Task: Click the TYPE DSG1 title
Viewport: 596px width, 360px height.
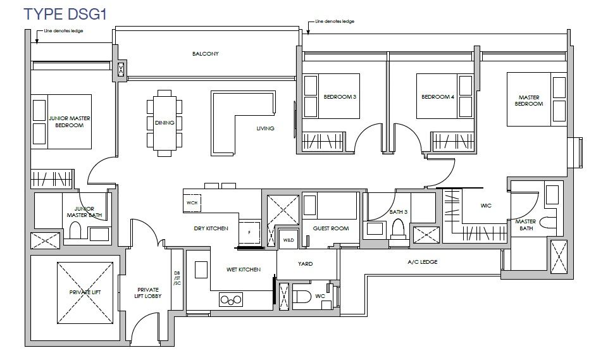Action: [x=65, y=14]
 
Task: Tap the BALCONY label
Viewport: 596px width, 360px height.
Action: [x=205, y=54]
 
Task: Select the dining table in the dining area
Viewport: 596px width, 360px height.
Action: [x=165, y=123]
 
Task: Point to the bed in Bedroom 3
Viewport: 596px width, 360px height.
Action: [x=338, y=96]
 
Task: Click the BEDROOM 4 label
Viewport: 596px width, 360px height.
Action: [x=437, y=97]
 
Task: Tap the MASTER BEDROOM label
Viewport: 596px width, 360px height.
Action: [x=529, y=101]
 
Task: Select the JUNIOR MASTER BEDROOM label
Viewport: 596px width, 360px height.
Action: [x=70, y=121]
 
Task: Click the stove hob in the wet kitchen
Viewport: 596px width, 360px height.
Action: [x=231, y=299]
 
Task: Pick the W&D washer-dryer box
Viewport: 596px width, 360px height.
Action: [x=289, y=240]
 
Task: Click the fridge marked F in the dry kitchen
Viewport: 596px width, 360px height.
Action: [x=249, y=232]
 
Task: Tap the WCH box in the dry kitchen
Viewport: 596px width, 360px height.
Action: [x=192, y=203]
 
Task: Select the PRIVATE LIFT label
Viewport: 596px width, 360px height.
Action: [x=85, y=292]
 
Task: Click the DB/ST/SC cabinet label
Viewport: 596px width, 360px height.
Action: [x=177, y=278]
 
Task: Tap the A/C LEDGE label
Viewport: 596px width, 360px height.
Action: [x=422, y=262]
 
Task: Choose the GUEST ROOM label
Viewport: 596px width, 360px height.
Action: [x=331, y=228]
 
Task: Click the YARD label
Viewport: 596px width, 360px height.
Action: [x=305, y=264]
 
